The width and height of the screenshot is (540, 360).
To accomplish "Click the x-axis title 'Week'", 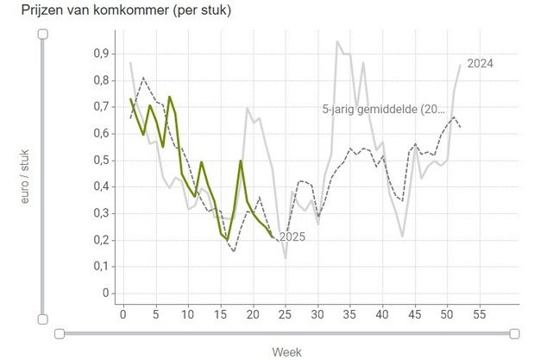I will point(286,351).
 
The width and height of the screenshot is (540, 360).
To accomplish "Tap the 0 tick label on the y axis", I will point(106,294).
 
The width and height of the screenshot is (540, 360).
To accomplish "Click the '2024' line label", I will point(480,64).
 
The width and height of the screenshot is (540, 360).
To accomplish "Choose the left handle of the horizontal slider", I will point(59,333).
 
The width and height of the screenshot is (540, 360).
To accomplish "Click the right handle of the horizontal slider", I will point(515,333).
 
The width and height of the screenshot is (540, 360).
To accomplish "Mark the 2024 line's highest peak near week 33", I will point(337,41).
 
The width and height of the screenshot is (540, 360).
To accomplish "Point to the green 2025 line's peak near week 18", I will point(241,161).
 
